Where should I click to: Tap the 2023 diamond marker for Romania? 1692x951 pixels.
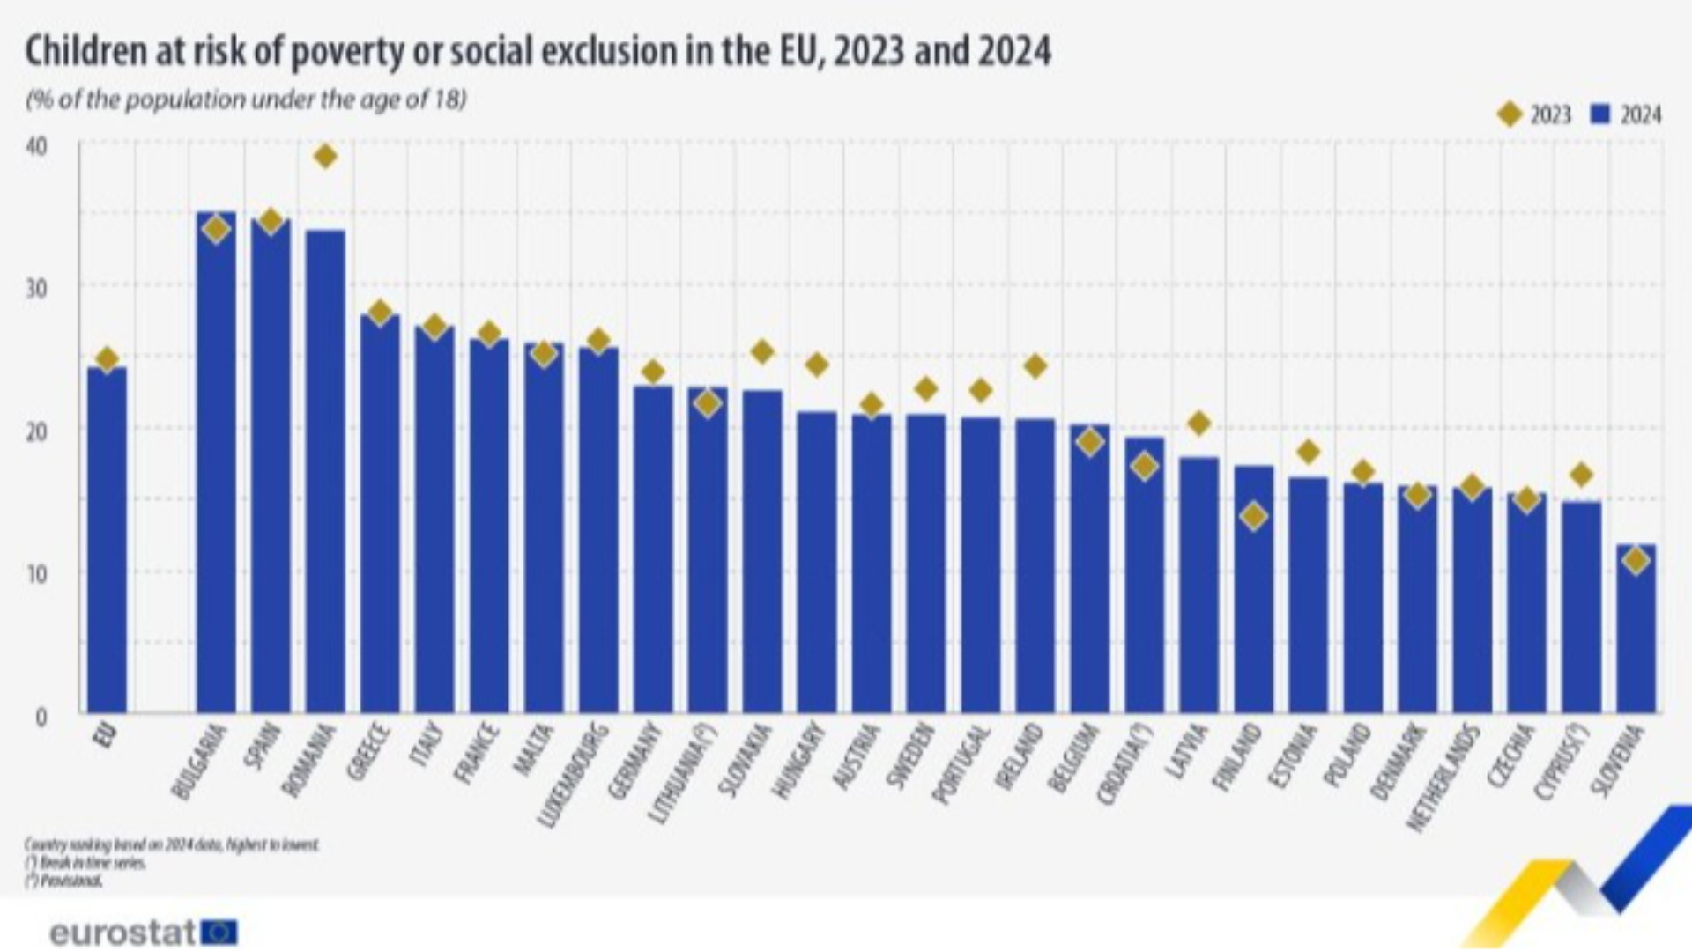325,157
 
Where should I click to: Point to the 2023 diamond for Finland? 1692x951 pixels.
1253,516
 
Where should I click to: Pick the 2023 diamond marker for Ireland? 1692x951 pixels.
1035,365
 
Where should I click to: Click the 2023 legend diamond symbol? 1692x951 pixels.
1510,114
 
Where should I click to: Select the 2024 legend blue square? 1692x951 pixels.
1601,114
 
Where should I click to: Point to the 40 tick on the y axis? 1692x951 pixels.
36,146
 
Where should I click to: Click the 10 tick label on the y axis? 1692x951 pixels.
36,573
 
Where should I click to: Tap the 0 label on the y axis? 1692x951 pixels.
41,717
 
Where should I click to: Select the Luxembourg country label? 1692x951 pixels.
574,775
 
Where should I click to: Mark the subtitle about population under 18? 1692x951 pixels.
246,100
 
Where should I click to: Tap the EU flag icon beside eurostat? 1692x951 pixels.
219,932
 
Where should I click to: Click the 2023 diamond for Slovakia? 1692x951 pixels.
762,352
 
